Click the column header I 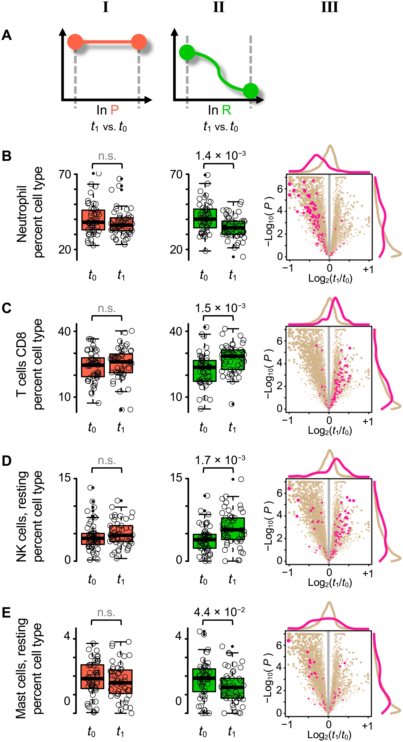tap(106, 7)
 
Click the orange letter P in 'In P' tap(115, 110)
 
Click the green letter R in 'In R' tap(226, 110)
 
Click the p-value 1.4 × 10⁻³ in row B tap(220, 156)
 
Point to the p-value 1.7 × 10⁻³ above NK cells tap(220, 460)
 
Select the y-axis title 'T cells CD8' tap(22, 364)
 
